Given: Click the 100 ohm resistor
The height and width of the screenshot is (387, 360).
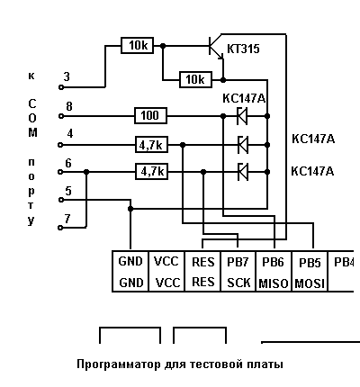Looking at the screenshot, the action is tap(150, 115).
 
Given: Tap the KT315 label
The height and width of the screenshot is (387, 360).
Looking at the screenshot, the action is tap(243, 49).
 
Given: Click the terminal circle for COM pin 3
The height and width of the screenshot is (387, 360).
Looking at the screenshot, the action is tap(61, 87).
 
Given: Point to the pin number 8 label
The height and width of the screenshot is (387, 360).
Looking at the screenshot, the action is tap(69, 106).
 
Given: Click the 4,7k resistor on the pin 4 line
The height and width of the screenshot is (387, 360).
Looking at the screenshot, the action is tap(151, 145).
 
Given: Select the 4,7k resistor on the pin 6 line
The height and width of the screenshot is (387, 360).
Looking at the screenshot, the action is tap(151, 172).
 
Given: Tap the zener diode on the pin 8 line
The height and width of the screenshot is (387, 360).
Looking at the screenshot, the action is tap(242, 116).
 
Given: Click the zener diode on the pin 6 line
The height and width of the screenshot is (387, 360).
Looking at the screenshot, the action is tap(243, 172).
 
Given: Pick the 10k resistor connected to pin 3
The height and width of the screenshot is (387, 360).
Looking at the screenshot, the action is tap(137, 46).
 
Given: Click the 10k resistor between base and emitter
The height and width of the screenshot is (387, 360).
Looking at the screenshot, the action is tap(195, 80).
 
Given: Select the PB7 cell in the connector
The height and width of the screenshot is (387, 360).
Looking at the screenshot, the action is tap(238, 271).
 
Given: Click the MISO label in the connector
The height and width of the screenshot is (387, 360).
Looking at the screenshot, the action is tap(273, 283).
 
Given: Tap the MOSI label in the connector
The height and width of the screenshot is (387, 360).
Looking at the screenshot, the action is tap(310, 283).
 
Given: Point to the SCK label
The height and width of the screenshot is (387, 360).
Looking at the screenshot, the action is tap(238, 283).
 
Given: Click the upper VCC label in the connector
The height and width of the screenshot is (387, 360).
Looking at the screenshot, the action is tap(166, 261).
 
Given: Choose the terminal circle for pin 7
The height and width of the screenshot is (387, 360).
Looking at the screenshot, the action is tap(60, 228).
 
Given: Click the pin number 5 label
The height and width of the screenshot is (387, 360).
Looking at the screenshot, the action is tap(68, 191).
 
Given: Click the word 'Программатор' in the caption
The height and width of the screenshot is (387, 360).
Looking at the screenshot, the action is tap(119, 364).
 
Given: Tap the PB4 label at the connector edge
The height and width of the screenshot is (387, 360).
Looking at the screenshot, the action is tap(344, 262).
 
